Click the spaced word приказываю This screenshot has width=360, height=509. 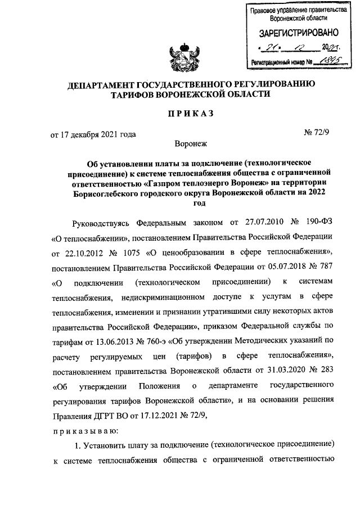(x=85, y=431)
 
